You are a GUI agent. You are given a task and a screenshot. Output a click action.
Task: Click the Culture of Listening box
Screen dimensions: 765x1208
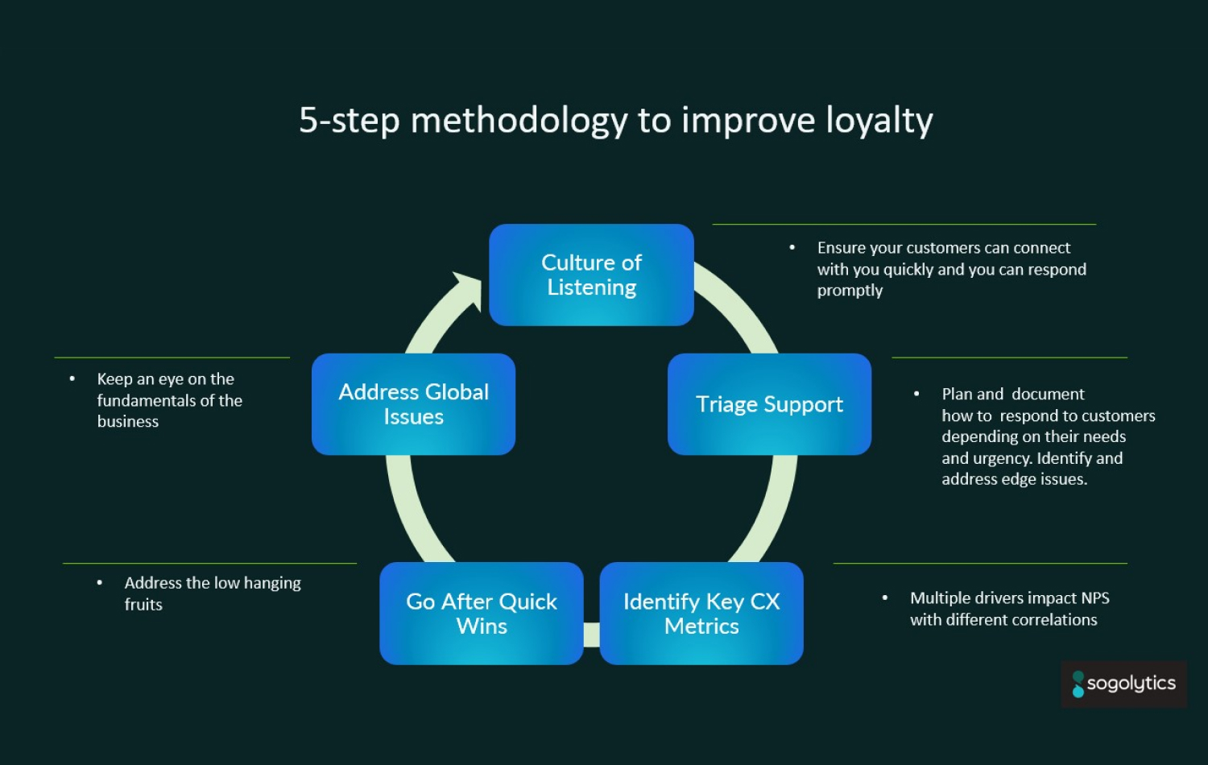pos(591,275)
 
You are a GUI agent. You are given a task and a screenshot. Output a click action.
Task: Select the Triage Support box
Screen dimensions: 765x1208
pos(769,404)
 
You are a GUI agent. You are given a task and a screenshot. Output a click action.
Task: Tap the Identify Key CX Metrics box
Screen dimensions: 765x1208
pos(701,614)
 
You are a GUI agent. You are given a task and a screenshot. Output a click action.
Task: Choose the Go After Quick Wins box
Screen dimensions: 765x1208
pos(481,614)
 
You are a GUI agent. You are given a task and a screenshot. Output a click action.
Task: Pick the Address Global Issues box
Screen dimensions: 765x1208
pos(413,404)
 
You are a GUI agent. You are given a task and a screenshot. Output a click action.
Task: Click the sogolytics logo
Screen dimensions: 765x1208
pos(1123,684)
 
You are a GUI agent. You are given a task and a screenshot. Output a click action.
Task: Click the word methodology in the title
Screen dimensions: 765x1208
pos(519,121)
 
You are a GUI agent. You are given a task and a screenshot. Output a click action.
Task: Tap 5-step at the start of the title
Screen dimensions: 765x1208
pos(349,121)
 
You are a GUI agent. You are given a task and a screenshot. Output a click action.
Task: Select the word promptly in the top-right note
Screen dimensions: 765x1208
pos(850,291)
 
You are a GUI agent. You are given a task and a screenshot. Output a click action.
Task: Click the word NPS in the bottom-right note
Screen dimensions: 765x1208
pos(1094,598)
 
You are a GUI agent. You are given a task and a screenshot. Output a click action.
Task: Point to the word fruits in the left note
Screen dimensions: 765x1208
pos(143,605)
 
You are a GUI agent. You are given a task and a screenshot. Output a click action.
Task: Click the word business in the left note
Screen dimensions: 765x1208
pos(127,422)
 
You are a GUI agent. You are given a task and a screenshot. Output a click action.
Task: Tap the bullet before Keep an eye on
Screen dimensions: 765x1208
pos(72,378)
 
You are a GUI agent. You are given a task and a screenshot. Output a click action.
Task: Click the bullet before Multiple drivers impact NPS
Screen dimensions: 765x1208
pos(885,598)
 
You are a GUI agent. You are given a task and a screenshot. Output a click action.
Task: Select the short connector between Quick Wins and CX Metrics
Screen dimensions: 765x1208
pos(591,635)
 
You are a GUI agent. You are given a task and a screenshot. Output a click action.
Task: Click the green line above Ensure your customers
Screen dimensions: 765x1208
pos(904,225)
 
